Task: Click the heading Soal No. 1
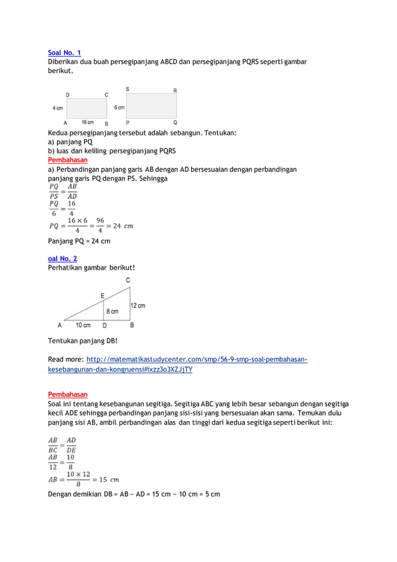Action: tap(64, 53)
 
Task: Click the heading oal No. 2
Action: tap(63, 259)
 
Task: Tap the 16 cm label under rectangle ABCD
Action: tap(86, 122)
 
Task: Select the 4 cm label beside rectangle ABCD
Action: tap(57, 108)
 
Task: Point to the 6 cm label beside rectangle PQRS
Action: tap(119, 107)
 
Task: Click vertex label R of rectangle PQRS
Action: tap(175, 91)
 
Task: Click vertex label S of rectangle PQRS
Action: tap(128, 89)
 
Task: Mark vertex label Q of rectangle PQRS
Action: tap(175, 123)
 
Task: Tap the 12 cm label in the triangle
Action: tap(138, 306)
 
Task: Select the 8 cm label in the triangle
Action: tap(112, 312)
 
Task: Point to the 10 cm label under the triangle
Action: tap(83, 325)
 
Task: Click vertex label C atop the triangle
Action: tap(128, 281)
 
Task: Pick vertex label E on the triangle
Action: tap(103, 295)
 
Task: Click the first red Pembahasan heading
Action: tap(68, 160)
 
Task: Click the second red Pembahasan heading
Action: tap(68, 394)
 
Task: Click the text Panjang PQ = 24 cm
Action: tap(79, 241)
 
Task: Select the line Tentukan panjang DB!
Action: tap(82, 341)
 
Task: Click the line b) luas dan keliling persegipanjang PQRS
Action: tap(112, 151)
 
